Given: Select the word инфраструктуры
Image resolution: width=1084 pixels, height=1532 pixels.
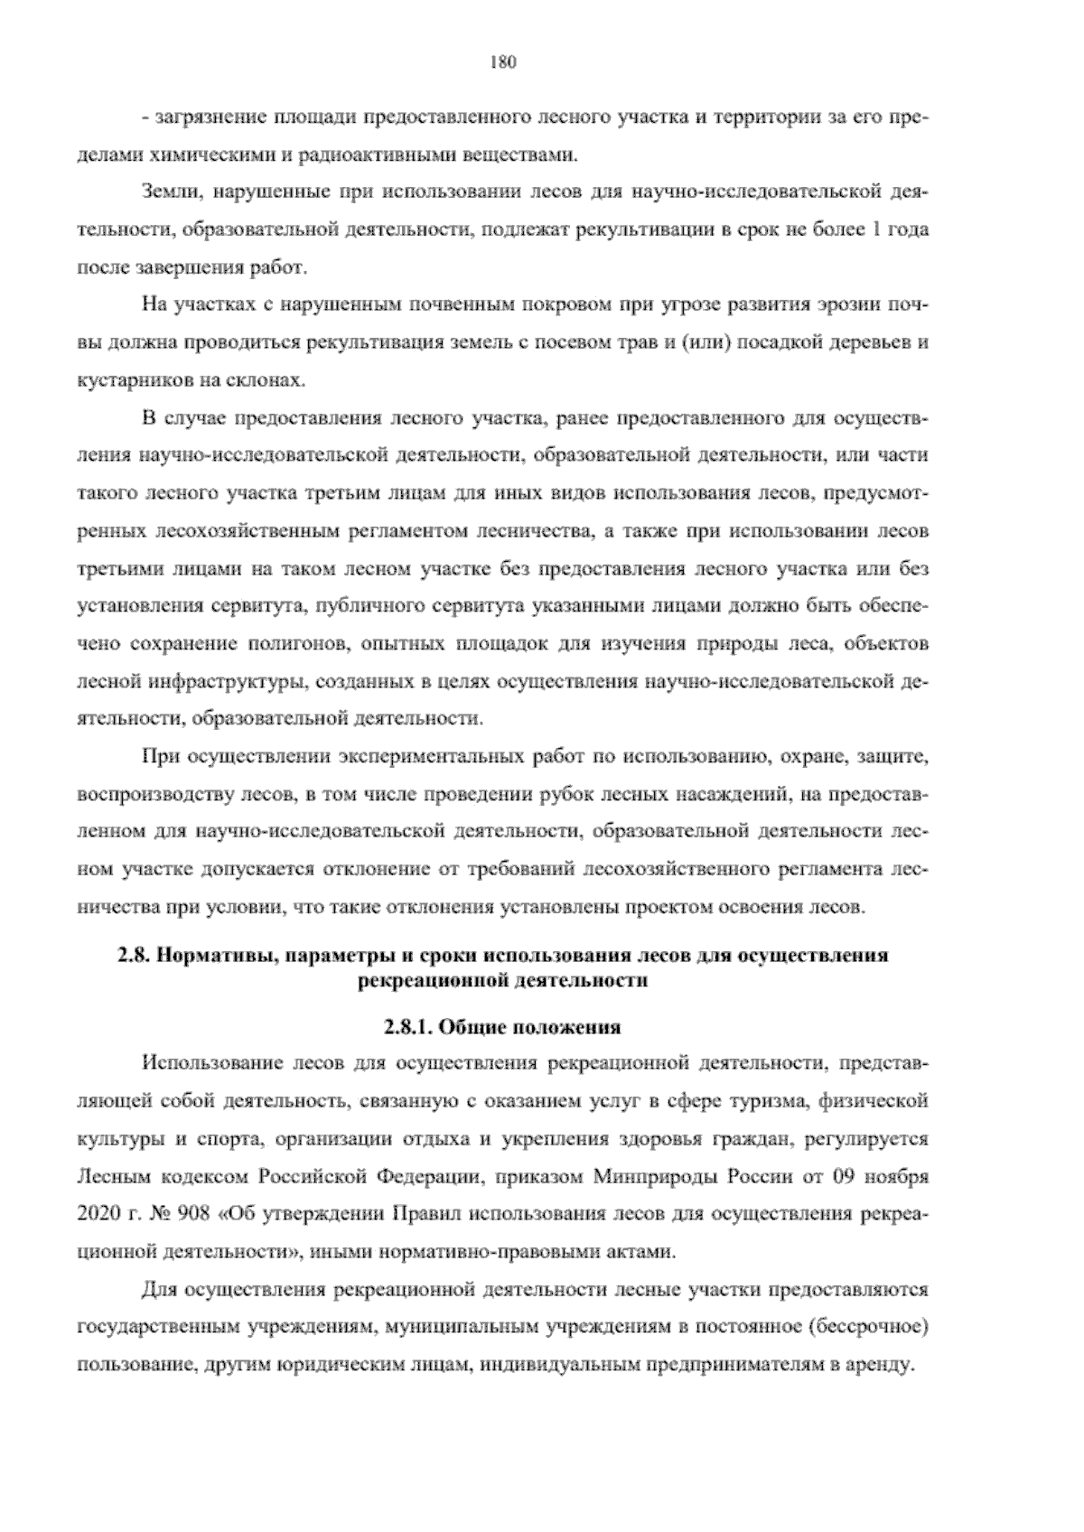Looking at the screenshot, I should click(x=243, y=682).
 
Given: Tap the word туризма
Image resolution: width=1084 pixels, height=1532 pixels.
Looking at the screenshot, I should click(x=766, y=1101).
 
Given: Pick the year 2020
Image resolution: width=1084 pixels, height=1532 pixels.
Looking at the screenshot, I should click(x=94, y=1215).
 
